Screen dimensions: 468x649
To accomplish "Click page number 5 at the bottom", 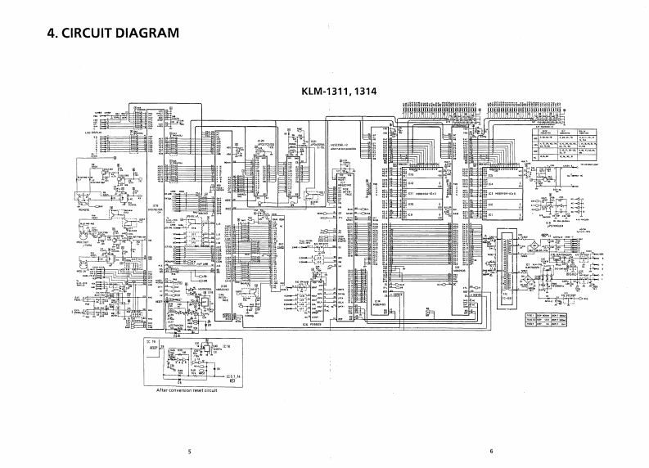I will (189, 451).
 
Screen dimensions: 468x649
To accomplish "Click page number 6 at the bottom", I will (491, 451).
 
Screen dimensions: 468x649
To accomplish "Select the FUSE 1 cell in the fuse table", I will (530, 316).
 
